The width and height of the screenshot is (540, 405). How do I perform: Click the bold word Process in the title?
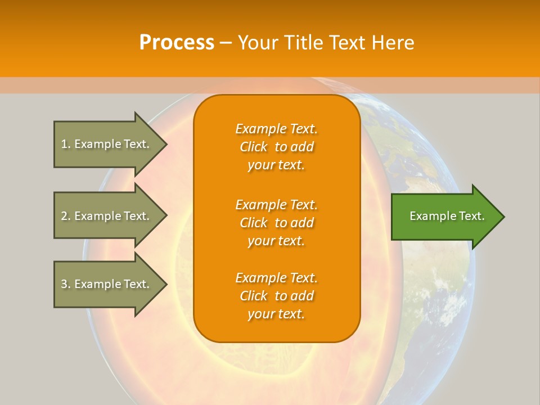tap(177, 42)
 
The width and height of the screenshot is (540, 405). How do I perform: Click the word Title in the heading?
tap(304, 42)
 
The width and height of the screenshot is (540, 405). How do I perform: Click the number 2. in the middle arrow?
tap(66, 216)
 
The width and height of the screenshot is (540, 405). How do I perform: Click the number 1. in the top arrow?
tap(66, 144)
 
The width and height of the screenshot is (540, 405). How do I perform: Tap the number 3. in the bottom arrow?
tap(66, 284)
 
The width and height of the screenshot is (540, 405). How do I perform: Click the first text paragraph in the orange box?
tap(276, 147)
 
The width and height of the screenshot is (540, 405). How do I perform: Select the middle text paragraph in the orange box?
tap(276, 223)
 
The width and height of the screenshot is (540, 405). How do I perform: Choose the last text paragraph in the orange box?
tap(276, 296)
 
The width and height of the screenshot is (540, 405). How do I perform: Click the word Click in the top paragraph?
tap(253, 147)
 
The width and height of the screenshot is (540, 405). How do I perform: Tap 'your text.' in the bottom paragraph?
tap(276, 314)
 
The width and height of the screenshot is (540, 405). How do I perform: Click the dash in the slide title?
tap(226, 43)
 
